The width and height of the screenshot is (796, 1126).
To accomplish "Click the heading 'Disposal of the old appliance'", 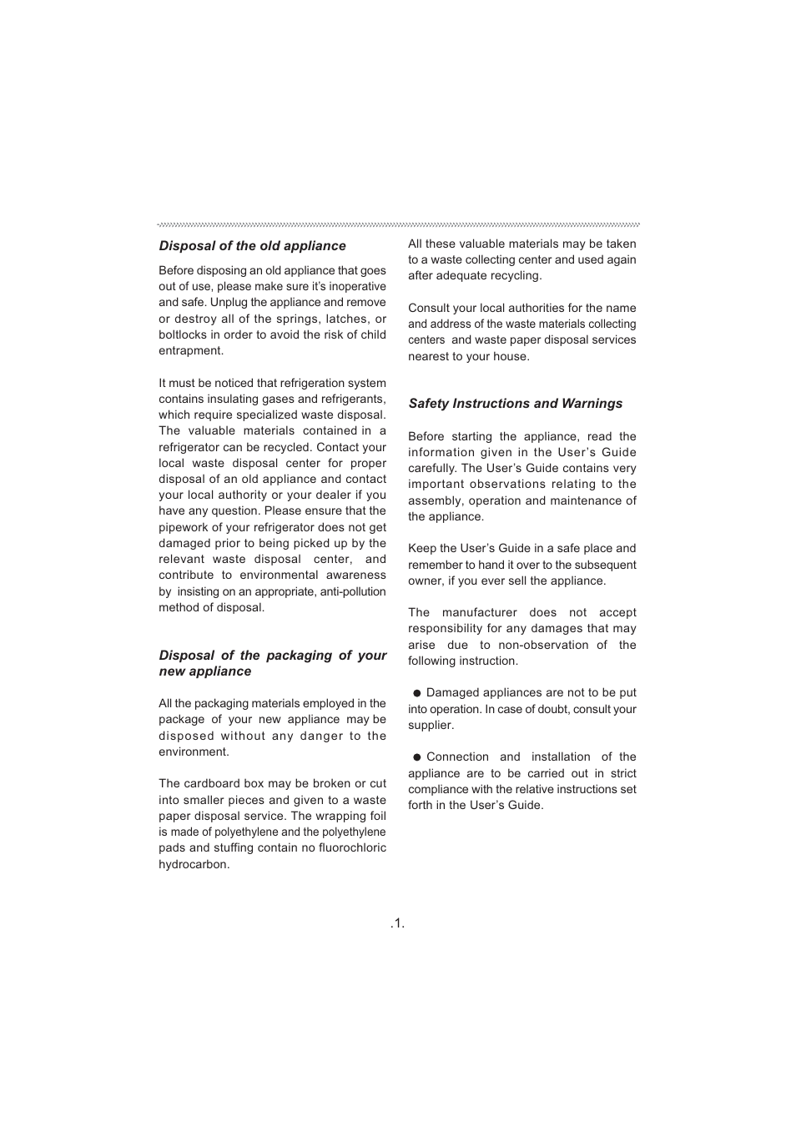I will pyautogui.click(x=252, y=246).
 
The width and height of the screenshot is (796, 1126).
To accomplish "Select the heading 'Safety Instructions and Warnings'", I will pyautogui.click(x=515, y=404).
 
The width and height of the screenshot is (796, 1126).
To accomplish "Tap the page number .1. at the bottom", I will pyautogui.click(x=397, y=922).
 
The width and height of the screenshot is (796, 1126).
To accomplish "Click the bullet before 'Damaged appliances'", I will pyautogui.click(x=417, y=693).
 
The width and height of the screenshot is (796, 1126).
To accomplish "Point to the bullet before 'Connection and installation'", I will pyautogui.click(x=417, y=757).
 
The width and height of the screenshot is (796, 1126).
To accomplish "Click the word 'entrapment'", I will pyautogui.click(x=190, y=351).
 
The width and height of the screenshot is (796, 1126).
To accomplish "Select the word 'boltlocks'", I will pyautogui.click(x=183, y=334).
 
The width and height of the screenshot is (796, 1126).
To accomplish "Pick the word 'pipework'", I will pyautogui.click(x=184, y=527).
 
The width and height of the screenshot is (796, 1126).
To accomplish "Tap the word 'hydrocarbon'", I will pyautogui.click(x=193, y=864).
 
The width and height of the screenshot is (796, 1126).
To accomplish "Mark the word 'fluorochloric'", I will pyautogui.click(x=352, y=848).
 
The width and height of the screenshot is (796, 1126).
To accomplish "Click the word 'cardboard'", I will pyautogui.click(x=214, y=784).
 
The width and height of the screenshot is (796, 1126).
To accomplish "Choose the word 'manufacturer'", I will pyautogui.click(x=480, y=613).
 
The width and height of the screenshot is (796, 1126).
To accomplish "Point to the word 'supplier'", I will pyautogui.click(x=430, y=726).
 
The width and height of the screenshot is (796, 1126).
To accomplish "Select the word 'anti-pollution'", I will pyautogui.click(x=353, y=591).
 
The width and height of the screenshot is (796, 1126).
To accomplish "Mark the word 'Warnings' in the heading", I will pyautogui.click(x=592, y=404).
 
